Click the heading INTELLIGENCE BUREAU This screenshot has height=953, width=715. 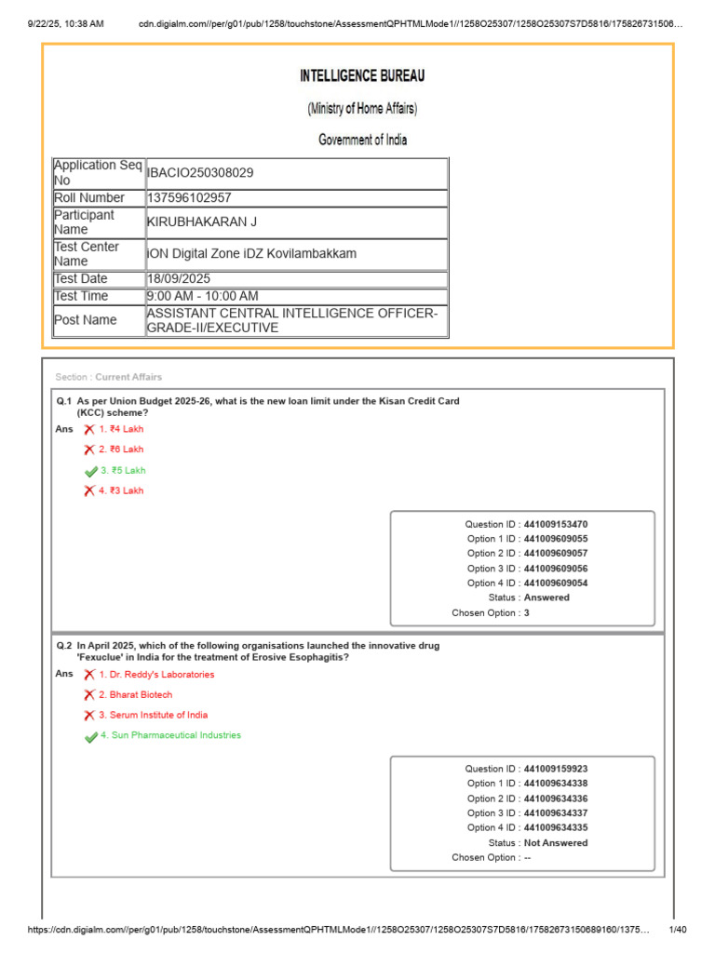click(x=362, y=76)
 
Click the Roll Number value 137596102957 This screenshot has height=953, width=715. click(x=190, y=197)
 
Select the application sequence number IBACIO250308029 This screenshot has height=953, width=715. click(x=200, y=172)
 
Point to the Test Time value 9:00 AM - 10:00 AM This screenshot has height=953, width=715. click(x=202, y=296)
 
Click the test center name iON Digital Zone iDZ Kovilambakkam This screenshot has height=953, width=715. click(x=251, y=254)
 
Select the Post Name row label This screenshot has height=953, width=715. click(x=86, y=320)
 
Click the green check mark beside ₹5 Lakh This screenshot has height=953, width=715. click(x=90, y=471)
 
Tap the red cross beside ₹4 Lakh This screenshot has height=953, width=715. click(x=89, y=429)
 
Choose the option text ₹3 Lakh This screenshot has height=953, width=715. click(x=127, y=490)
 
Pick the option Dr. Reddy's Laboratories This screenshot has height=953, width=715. click(x=156, y=674)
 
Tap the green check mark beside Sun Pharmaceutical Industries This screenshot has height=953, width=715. click(x=90, y=736)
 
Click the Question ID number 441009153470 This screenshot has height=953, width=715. click(x=556, y=524)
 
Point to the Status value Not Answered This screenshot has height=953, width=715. click(x=556, y=842)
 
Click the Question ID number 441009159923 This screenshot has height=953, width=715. click(x=556, y=769)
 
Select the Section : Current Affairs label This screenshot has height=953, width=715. click(x=109, y=377)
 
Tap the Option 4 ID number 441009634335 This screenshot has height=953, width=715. click(x=556, y=827)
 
